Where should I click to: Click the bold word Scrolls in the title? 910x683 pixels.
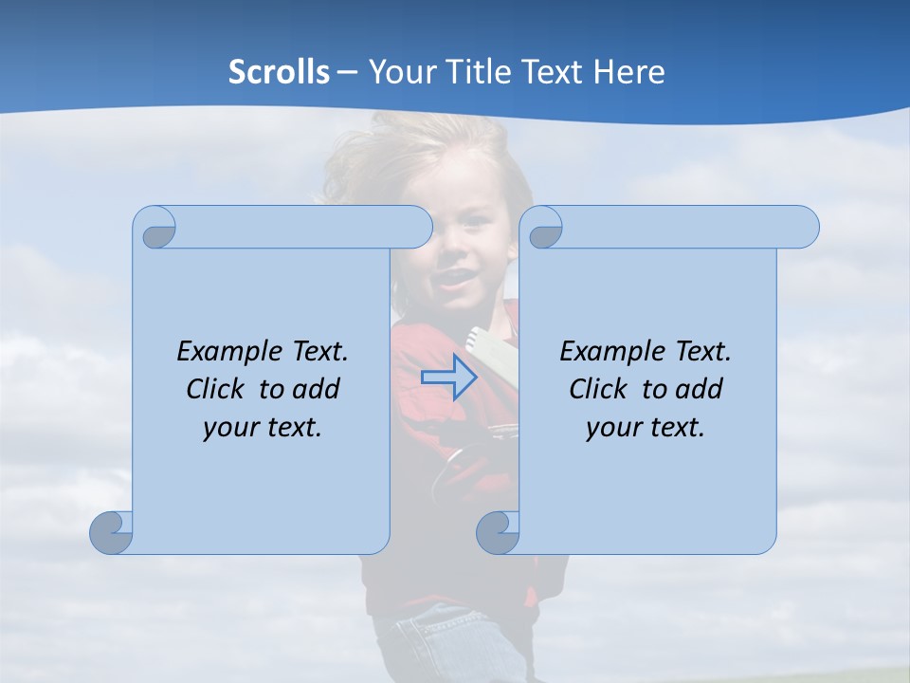click(x=280, y=72)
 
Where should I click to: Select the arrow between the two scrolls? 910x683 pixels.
click(x=449, y=378)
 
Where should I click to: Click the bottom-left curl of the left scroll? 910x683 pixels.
click(x=112, y=533)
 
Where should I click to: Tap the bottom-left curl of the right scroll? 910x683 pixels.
click(x=498, y=533)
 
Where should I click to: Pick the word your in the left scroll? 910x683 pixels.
click(x=228, y=428)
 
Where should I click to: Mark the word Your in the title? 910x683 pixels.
click(x=399, y=72)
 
